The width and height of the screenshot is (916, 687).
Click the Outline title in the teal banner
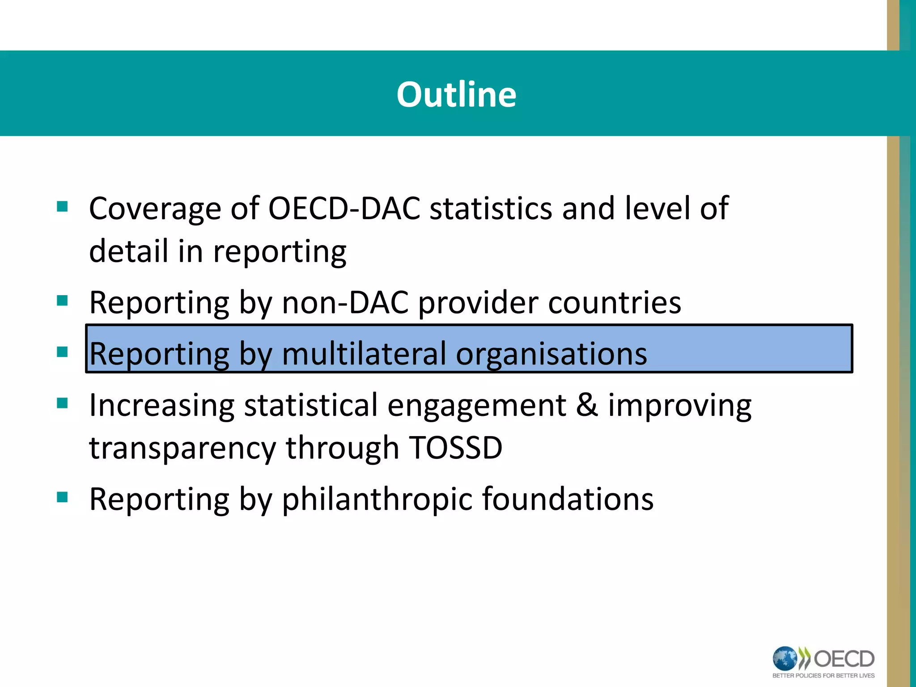coord(456,94)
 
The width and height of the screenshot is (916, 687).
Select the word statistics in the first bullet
coord(491,208)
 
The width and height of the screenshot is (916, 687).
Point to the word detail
coord(128,251)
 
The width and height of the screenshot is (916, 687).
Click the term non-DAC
coord(345,303)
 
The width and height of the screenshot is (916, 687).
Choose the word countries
coord(615,303)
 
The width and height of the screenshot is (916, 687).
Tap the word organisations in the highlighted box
coord(551,354)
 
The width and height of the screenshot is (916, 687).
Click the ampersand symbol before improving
coord(587,405)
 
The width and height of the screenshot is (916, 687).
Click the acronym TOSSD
coord(456,448)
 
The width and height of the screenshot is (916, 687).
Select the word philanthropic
coord(377,499)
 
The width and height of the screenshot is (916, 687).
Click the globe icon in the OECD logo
coord(785,659)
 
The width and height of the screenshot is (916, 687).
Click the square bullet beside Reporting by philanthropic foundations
coord(62,497)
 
